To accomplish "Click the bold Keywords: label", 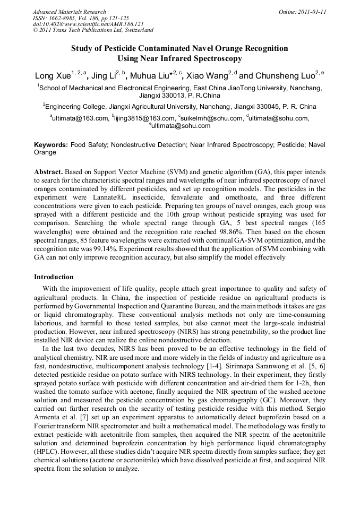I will click(51, 145).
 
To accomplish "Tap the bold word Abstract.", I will click(48, 172).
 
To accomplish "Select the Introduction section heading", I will click(54, 277).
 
